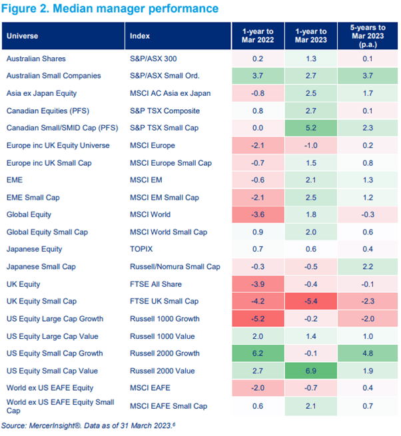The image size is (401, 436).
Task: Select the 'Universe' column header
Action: pos(22,36)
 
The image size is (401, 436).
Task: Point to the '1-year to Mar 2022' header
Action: pos(257,35)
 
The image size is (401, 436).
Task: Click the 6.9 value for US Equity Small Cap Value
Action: pos(311,370)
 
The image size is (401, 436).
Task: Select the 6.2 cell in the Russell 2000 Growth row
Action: pos(257,353)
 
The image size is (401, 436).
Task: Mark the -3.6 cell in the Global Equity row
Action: pos(257,214)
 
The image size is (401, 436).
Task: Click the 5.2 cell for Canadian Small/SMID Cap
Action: pos(311,128)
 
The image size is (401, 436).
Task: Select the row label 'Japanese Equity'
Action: pos(34,249)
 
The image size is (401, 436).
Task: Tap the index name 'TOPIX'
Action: pos(141,249)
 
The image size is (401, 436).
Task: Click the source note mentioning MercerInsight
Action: pos(83,425)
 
